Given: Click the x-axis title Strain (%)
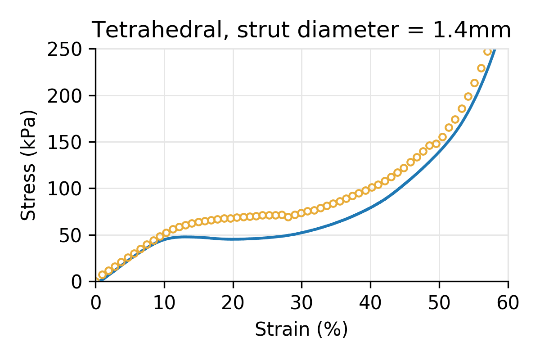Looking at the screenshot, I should [x=301, y=330].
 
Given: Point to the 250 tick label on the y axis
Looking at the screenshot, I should [x=69, y=49].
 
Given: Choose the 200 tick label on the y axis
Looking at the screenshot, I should [x=69, y=95].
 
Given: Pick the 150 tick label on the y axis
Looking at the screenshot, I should [x=69, y=142].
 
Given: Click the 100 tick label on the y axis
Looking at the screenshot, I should [x=69, y=189].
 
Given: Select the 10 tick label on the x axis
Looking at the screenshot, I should [x=164, y=303].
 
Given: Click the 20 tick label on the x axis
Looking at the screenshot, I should [x=233, y=303].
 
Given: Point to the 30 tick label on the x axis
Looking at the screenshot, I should [x=301, y=303].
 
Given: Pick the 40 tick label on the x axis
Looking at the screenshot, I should [x=370, y=303].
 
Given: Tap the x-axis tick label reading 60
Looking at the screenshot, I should [x=508, y=303].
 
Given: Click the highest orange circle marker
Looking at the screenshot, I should [x=487, y=51].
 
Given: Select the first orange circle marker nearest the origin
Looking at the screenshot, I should [x=102, y=274].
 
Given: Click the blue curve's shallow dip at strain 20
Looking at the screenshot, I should [x=233, y=239].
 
